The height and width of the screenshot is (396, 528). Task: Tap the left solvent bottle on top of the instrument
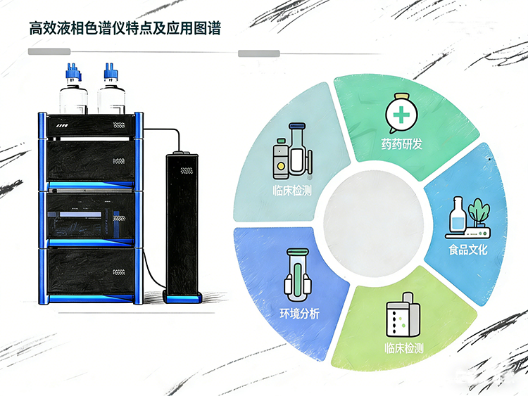coord(73,94)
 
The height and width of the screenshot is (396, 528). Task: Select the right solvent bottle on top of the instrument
coord(113,94)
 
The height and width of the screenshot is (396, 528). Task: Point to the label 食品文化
coord(467,249)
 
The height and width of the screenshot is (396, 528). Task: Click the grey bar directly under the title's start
coord(50,52)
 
